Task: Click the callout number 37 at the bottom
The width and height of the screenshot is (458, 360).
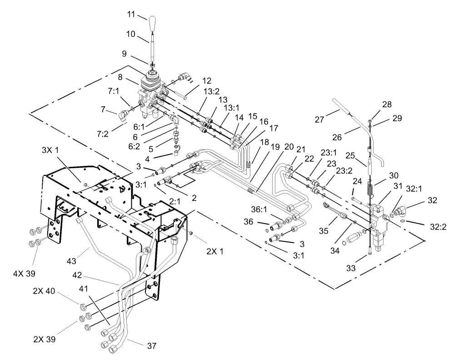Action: pos(151,346)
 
